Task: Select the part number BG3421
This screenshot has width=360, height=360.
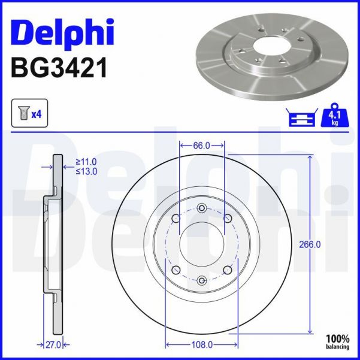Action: pyautogui.click(x=59, y=68)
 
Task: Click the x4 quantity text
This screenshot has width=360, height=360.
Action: pyautogui.click(x=36, y=114)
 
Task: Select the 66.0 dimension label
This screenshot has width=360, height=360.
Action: pyautogui.click(x=202, y=145)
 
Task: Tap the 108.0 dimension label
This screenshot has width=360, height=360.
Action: pyautogui.click(x=202, y=344)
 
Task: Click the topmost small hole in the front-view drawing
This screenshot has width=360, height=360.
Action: pyautogui.click(x=202, y=208)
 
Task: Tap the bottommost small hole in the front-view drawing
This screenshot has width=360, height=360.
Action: pyautogui.click(x=202, y=280)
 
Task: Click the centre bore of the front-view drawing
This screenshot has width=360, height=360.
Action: pyautogui.click(x=202, y=244)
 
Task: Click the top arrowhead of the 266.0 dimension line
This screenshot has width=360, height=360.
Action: pyautogui.click(x=310, y=158)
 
